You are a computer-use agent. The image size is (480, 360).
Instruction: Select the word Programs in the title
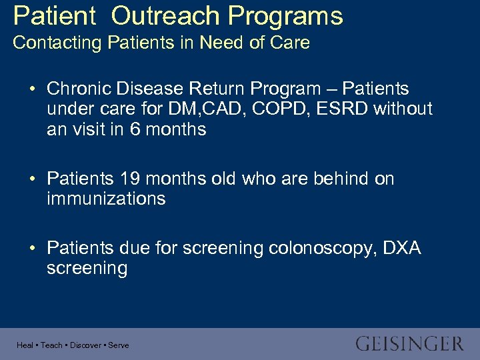(x=287, y=16)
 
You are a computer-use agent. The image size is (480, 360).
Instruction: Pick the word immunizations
(x=106, y=199)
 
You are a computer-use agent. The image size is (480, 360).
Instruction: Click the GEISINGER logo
(x=409, y=344)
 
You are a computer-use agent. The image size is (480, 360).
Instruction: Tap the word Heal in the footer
(x=25, y=345)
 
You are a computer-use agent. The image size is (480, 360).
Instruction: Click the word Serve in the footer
(x=118, y=345)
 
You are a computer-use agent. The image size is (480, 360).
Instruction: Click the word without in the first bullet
(x=402, y=109)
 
